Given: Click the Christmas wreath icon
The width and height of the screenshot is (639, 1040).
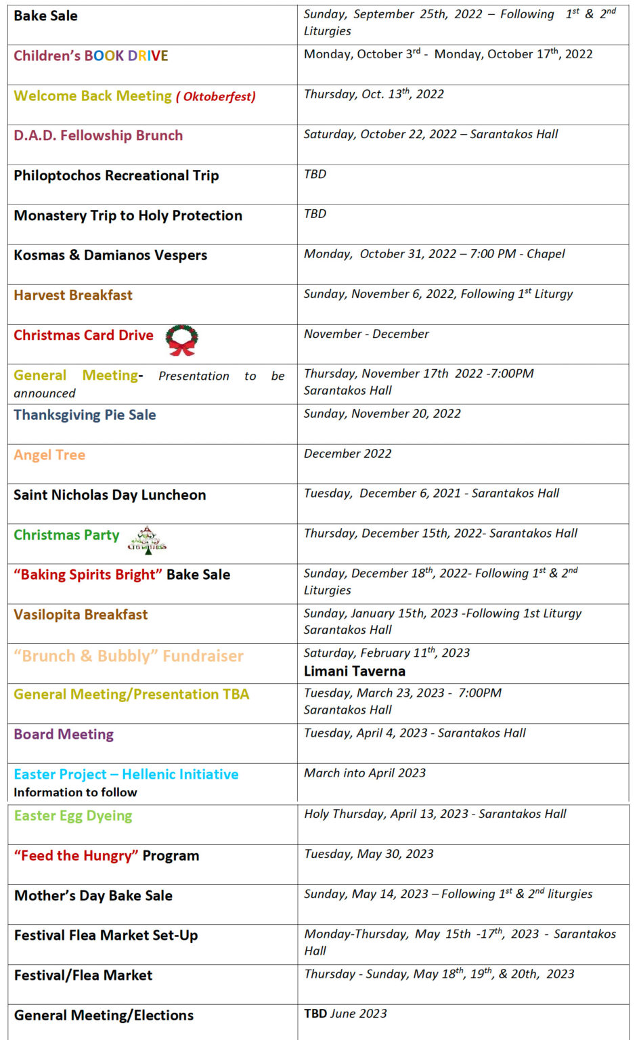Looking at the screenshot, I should [182, 340].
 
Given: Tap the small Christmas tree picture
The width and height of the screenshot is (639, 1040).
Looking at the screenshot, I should [147, 540].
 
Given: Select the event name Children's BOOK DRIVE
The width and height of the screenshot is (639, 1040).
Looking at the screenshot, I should [91, 56].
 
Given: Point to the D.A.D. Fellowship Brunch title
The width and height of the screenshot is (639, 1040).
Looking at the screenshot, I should [98, 135].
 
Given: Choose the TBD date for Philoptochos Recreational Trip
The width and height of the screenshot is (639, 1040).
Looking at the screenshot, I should [315, 174].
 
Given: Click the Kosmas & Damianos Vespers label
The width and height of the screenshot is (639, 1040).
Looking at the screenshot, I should [110, 255].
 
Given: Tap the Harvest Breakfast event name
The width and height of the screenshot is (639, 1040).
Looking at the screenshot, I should [73, 295].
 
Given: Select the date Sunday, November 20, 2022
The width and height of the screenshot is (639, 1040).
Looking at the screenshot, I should [382, 414].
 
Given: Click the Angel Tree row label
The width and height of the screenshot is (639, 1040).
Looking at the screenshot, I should [49, 455].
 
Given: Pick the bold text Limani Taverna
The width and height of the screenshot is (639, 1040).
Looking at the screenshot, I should [355, 671].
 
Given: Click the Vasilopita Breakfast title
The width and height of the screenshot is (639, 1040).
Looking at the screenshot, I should [81, 615].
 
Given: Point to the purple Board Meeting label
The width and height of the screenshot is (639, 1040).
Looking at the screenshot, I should [64, 735].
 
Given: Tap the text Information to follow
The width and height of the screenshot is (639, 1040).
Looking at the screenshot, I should [75, 792].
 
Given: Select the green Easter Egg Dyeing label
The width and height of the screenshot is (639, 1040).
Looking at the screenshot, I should [73, 816].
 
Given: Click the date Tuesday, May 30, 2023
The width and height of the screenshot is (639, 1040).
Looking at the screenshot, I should [369, 854].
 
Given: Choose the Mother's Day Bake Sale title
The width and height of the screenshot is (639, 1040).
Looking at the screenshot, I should [93, 896].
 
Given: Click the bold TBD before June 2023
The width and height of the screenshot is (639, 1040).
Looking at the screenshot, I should [315, 1014].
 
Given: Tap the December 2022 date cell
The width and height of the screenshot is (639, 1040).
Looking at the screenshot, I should [347, 454].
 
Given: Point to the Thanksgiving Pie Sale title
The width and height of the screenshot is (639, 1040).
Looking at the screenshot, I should [85, 415].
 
